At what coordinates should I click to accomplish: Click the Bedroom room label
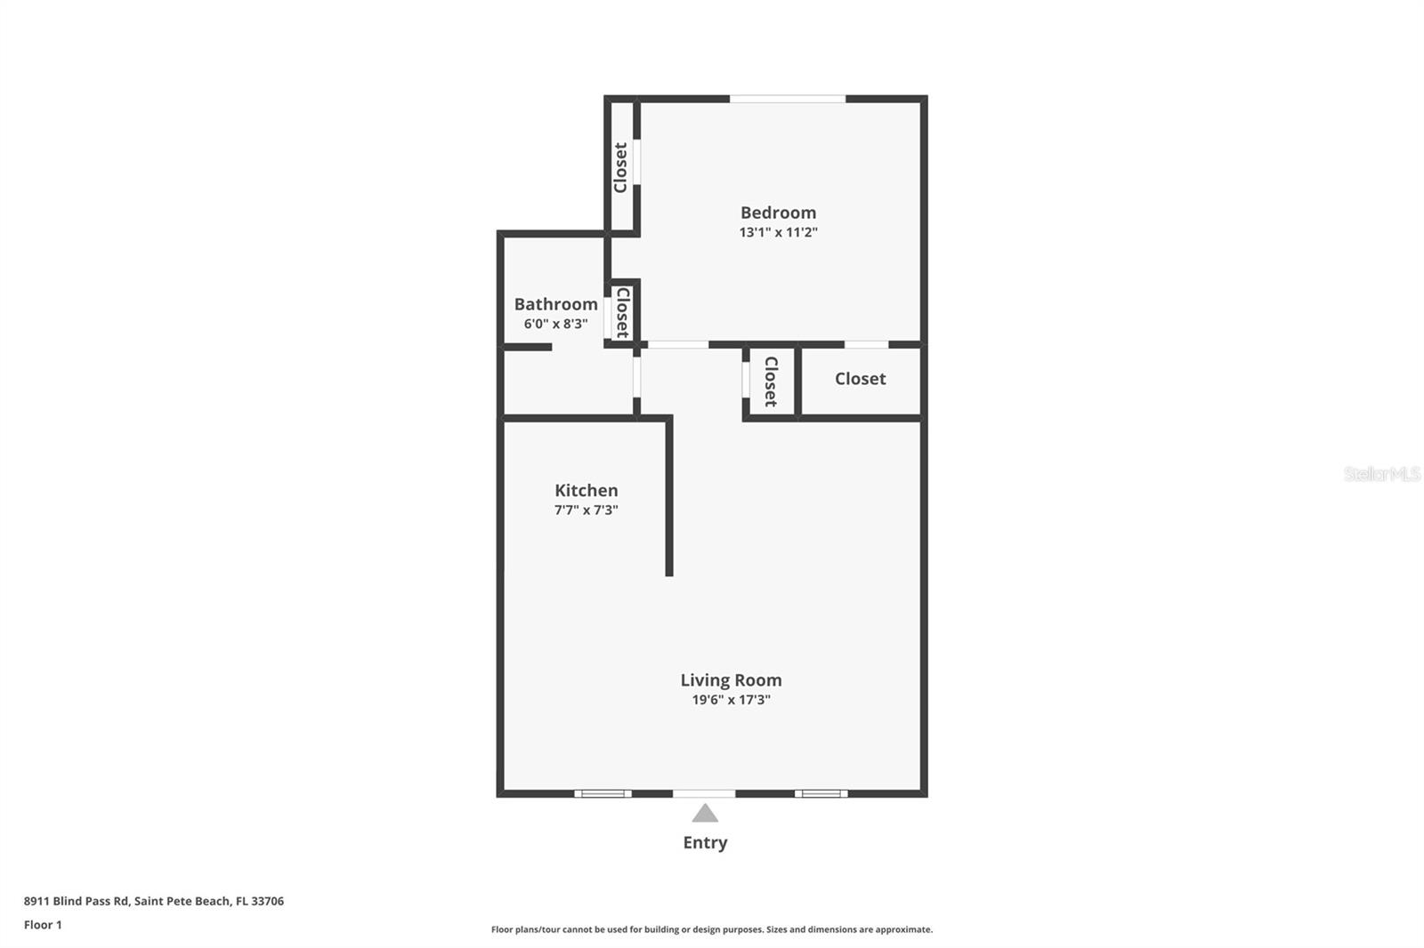[778, 213]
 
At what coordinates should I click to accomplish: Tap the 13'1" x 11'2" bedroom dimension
[778, 232]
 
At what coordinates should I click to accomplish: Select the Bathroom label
[555, 304]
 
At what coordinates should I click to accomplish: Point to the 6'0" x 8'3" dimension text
[555, 324]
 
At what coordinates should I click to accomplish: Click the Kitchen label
[586, 490]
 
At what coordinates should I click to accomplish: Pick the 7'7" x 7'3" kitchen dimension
[586, 510]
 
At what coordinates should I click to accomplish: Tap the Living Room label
[731, 680]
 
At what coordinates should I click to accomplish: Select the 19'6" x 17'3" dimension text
[731, 700]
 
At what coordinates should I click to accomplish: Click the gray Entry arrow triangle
[705, 814]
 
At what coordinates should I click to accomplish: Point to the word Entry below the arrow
[705, 842]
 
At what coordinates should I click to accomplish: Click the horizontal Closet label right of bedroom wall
[860, 379]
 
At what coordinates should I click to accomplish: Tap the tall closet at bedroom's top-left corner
[620, 167]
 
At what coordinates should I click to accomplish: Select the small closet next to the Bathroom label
[622, 312]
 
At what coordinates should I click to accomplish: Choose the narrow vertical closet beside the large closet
[771, 382]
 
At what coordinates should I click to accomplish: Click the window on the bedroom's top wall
[787, 99]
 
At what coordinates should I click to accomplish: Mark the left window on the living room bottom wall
[603, 793]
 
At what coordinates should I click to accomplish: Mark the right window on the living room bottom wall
[821, 793]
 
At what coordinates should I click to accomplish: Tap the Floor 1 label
[43, 925]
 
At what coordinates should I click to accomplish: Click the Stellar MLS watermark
[1381, 474]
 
